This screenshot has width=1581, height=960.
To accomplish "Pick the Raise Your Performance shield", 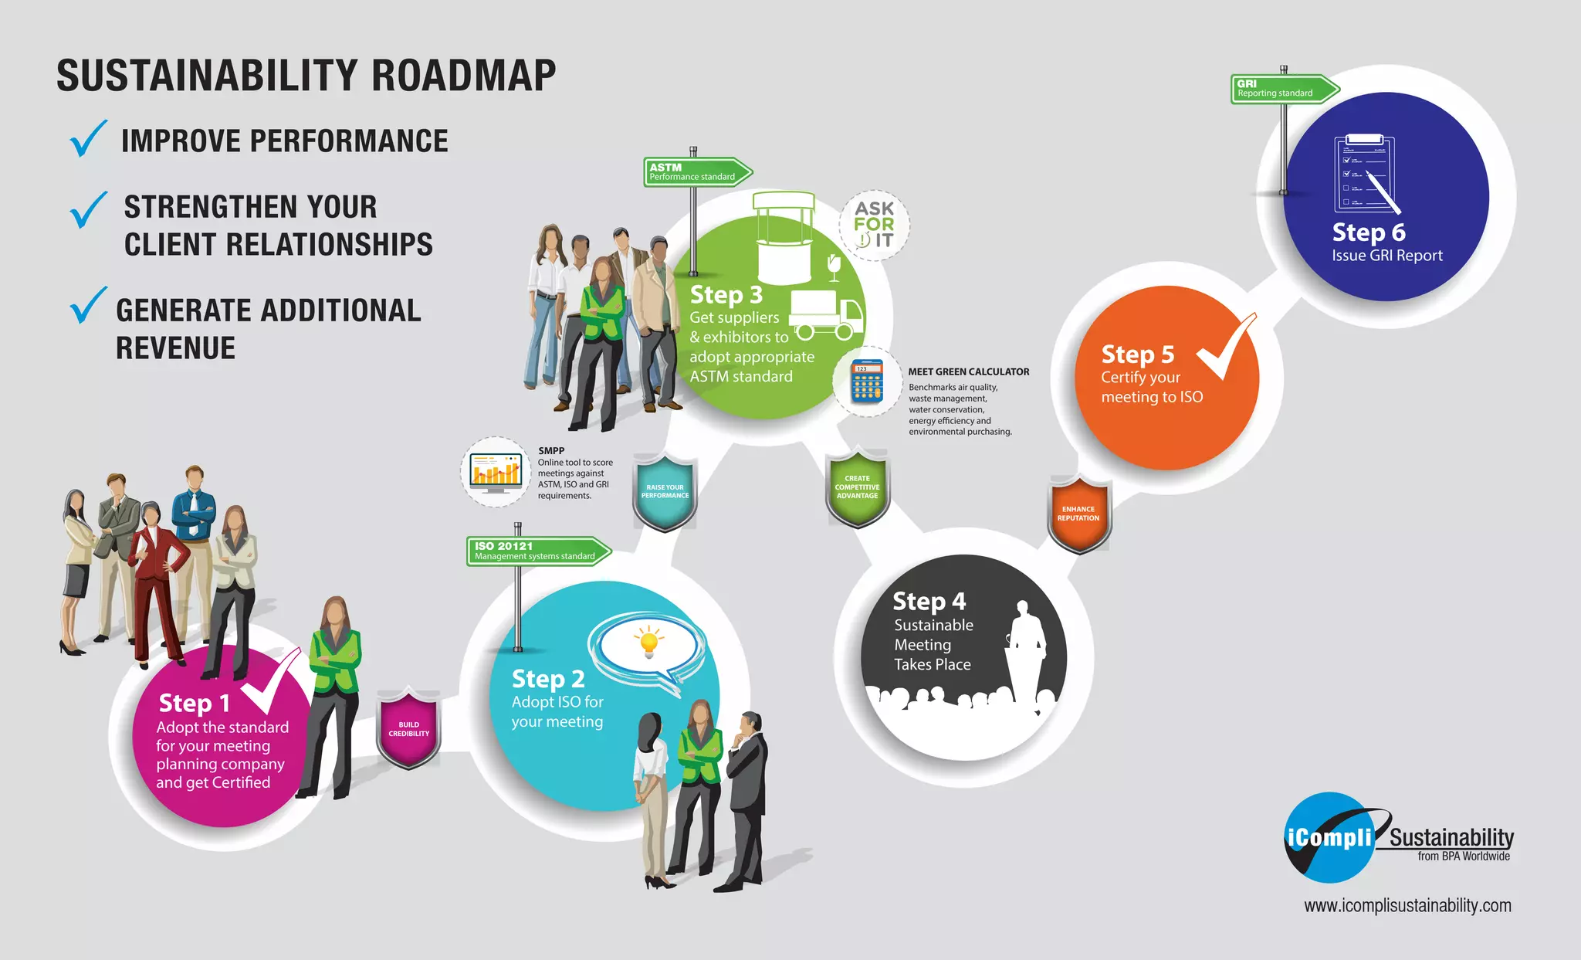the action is pyautogui.click(x=665, y=492).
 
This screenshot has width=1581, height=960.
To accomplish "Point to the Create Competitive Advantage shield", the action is pyautogui.click(x=857, y=488).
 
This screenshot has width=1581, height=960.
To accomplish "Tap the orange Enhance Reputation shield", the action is pyautogui.click(x=1078, y=514).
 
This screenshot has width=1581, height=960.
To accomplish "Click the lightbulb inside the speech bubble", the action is pyautogui.click(x=649, y=642).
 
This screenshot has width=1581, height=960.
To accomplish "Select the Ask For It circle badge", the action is pyautogui.click(x=874, y=225).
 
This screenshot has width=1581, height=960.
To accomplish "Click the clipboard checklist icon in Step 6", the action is pyautogui.click(x=1365, y=174).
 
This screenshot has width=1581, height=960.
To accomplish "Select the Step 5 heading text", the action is pyautogui.click(x=1137, y=354).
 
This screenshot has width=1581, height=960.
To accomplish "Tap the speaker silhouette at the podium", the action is pyautogui.click(x=1026, y=649).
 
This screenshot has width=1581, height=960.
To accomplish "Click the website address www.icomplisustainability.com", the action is pyautogui.click(x=1407, y=905).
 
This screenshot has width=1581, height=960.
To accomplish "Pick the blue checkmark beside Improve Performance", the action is pyautogui.click(x=89, y=139).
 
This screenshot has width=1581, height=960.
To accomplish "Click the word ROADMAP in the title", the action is pyautogui.click(x=463, y=76).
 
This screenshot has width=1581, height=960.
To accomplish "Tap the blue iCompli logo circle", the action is pyautogui.click(x=1329, y=838).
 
